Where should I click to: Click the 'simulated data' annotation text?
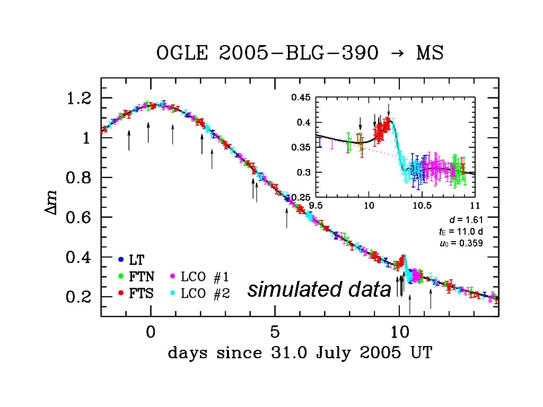pos(319,289)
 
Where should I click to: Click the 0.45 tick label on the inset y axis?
pos(302,98)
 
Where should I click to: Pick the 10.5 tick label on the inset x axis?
pos(422,205)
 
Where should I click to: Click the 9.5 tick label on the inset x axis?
pos(316,205)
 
